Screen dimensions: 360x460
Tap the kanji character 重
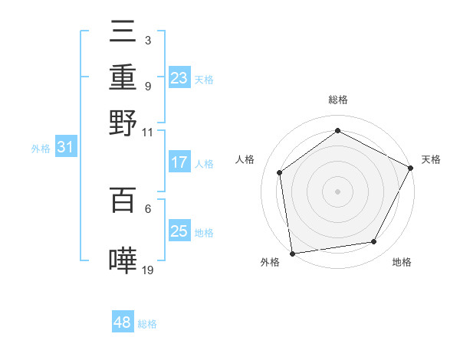[123, 78]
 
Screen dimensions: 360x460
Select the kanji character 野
[123, 122]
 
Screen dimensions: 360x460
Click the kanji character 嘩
[123, 260]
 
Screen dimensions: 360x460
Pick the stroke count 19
[148, 269]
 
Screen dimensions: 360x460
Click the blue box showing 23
[179, 77]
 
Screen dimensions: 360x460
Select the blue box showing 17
[179, 162]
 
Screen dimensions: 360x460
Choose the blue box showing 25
[179, 231]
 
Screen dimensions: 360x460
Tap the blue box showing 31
[65, 147]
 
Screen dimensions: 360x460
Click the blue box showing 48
[123, 322]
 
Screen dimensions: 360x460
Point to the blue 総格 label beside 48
[147, 324]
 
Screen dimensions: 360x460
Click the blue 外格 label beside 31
[41, 149]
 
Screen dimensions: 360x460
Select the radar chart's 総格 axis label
[338, 100]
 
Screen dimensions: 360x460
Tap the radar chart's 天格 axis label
[431, 159]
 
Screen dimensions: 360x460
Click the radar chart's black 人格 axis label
[245, 159]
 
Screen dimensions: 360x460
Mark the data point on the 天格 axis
[412, 168]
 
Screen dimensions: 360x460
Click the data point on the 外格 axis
[292, 253]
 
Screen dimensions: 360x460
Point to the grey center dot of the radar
[337, 191]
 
